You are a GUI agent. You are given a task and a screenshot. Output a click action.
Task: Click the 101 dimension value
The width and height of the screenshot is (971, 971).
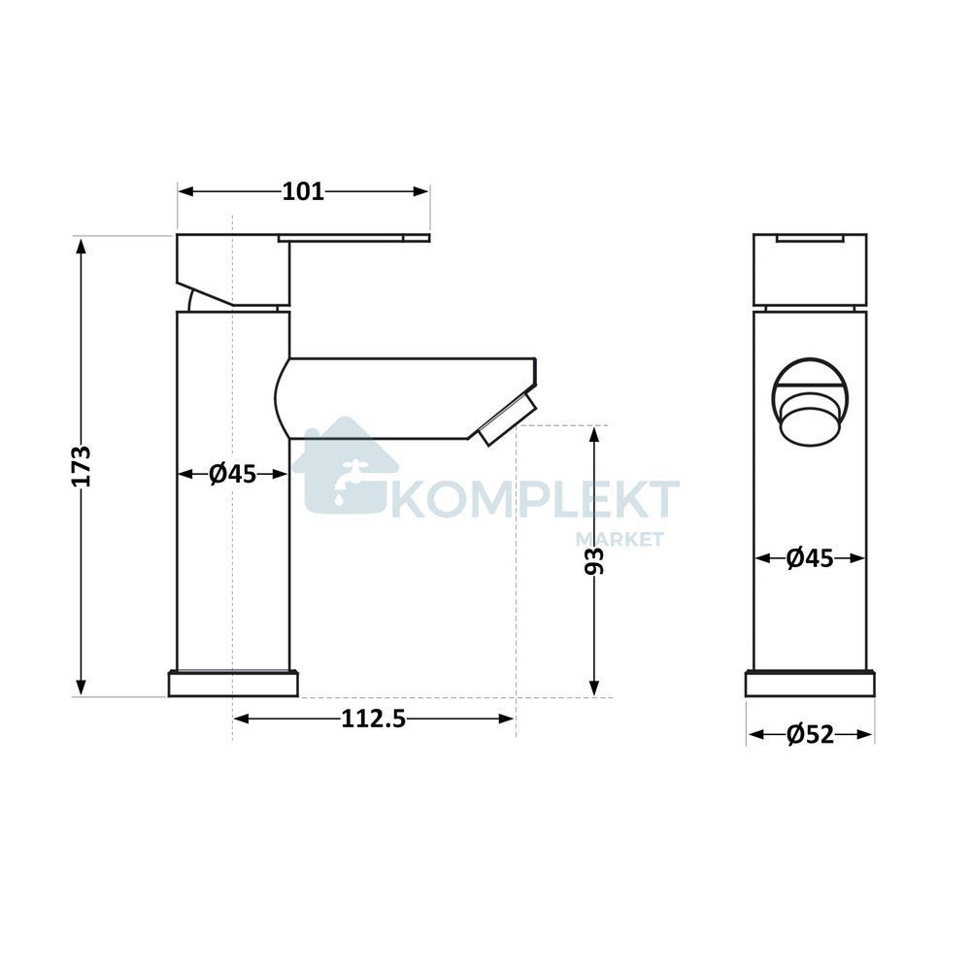(x=303, y=191)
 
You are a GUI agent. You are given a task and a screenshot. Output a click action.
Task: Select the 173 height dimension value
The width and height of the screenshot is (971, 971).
(x=82, y=466)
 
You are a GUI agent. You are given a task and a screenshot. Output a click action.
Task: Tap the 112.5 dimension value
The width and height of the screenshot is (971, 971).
(x=374, y=719)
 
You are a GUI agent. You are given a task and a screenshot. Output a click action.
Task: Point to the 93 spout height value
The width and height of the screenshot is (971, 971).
(x=594, y=561)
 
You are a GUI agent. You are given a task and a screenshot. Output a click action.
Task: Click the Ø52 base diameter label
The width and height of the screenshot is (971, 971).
(x=811, y=735)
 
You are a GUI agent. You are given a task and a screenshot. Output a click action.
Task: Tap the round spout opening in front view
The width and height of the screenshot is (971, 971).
(x=810, y=402)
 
